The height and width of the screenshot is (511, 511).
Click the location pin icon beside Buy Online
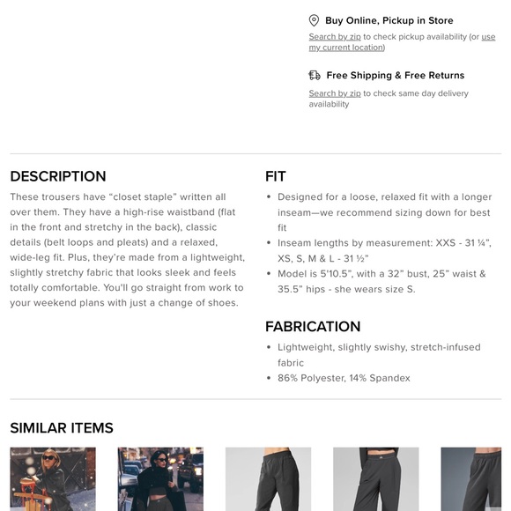[314, 20]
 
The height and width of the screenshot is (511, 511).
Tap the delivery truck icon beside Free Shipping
[314, 76]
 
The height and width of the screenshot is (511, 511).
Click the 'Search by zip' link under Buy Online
[334, 37]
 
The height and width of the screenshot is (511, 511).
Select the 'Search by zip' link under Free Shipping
[334, 93]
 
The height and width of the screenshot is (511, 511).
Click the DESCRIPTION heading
[58, 176]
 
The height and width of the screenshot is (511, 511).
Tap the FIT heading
[276, 176]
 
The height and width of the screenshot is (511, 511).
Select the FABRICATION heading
[313, 327]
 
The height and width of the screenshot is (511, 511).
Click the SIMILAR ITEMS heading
[62, 428]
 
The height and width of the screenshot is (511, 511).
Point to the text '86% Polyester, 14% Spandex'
[344, 378]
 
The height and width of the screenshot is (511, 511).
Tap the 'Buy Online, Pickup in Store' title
[389, 20]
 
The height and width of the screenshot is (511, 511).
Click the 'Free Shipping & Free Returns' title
[395, 76]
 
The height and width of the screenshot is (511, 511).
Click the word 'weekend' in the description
[56, 303]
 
